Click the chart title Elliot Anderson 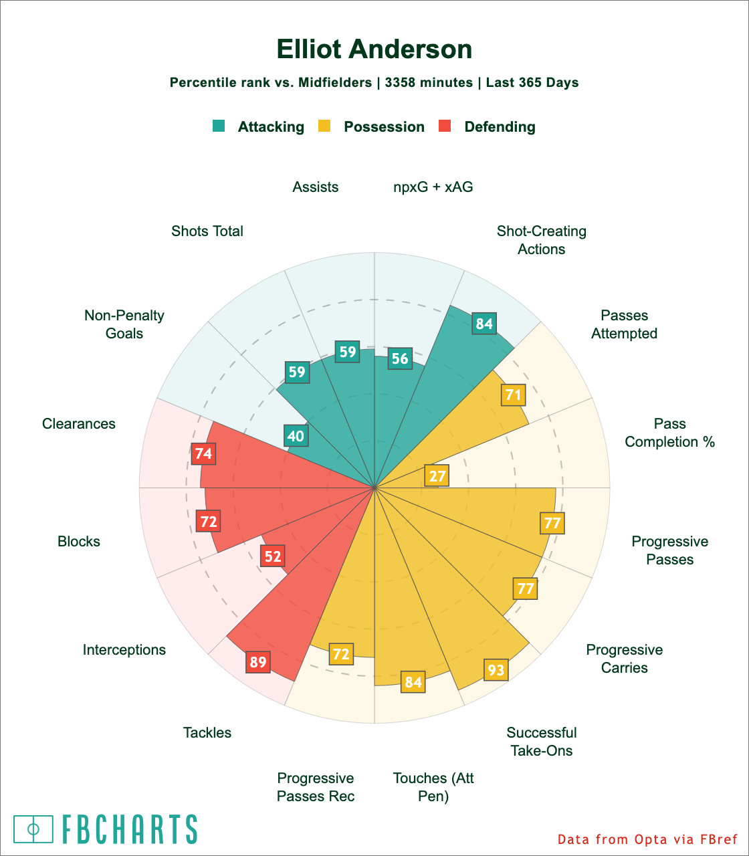[x=374, y=49]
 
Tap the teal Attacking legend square [x=219, y=126]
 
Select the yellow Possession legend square [x=324, y=126]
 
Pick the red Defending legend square [x=445, y=126]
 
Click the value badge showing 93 [x=496, y=669]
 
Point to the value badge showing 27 [x=437, y=476]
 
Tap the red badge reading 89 [x=258, y=663]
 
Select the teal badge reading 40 [x=296, y=437]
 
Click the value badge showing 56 [x=400, y=359]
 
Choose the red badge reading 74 [x=203, y=454]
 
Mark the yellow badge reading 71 [x=513, y=395]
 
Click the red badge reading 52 [x=273, y=556]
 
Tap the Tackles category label [x=207, y=733]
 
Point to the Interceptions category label [x=124, y=650]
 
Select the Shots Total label [x=207, y=231]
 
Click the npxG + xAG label [x=433, y=187]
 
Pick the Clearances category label [x=79, y=424]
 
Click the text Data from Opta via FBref [x=647, y=839]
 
